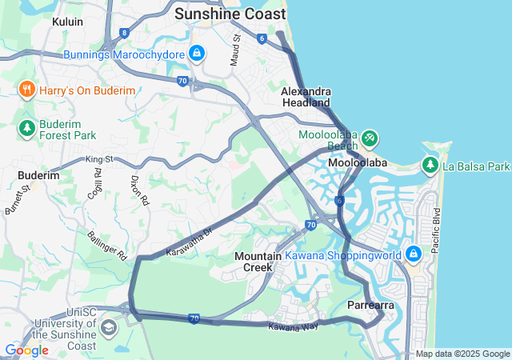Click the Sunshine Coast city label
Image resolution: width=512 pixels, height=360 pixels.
click(230, 14)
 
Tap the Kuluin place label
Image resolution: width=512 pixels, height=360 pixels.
click(67, 22)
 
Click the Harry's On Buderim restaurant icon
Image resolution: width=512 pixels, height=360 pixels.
click(26, 90)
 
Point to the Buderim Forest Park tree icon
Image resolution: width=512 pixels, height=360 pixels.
click(26, 128)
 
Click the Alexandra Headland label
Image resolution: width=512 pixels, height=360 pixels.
click(306, 97)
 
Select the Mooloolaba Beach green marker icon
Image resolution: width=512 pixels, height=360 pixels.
click(369, 138)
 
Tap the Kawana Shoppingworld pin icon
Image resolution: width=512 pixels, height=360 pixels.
click(414, 254)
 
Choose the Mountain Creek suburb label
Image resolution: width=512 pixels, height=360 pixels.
click(258, 261)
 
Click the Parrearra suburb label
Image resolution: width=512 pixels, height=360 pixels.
click(370, 306)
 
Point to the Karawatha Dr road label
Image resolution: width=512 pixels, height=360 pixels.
click(188, 242)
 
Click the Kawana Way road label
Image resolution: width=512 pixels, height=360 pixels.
click(293, 326)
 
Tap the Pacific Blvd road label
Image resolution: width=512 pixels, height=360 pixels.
click(436, 230)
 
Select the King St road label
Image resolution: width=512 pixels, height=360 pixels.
click(100, 160)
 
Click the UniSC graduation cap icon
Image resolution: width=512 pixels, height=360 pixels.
click(108, 327)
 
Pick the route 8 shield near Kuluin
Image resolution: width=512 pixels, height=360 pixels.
click(124, 33)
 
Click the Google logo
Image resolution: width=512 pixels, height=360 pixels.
click(26, 350)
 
